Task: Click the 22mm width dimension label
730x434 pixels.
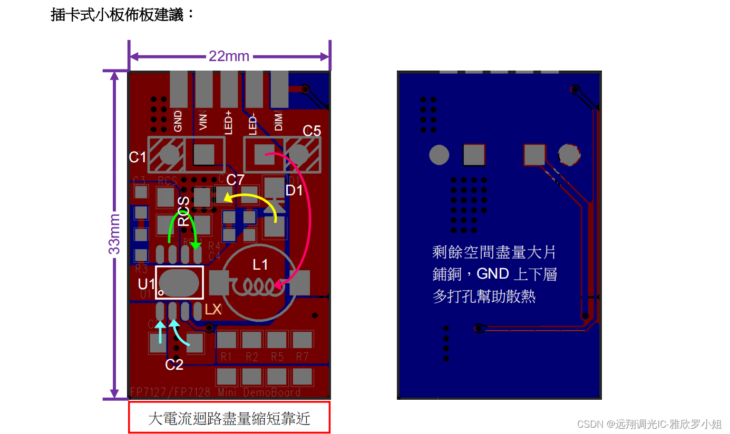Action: click(x=229, y=56)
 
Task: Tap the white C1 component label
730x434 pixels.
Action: click(x=138, y=157)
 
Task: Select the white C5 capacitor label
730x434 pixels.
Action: click(x=312, y=131)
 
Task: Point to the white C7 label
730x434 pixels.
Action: click(x=235, y=180)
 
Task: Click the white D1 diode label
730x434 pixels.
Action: click(x=294, y=190)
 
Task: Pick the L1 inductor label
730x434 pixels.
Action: click(x=260, y=264)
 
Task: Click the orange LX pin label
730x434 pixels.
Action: click(x=213, y=310)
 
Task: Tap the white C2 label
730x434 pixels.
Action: click(x=174, y=364)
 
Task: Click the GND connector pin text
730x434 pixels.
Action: click(x=178, y=121)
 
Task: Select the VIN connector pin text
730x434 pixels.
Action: click(x=204, y=122)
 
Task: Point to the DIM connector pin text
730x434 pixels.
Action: click(x=279, y=122)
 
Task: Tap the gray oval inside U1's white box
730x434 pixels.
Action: click(x=179, y=283)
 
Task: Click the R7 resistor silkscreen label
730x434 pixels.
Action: click(x=302, y=357)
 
